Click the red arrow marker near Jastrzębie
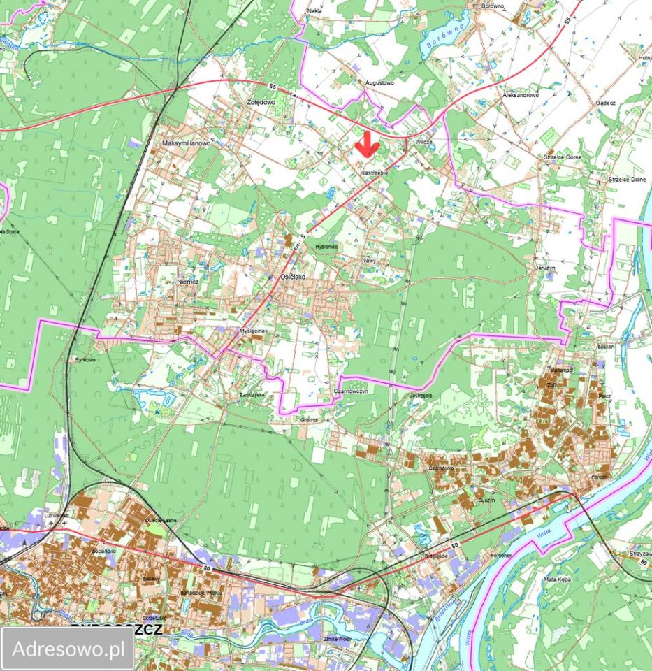(366, 145)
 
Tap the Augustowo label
(379, 82)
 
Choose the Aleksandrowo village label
(521, 94)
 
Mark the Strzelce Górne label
(563, 157)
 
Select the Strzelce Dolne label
(626, 179)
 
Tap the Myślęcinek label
(249, 331)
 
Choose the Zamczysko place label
(251, 394)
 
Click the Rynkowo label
(85, 360)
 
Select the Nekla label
(314, 11)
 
